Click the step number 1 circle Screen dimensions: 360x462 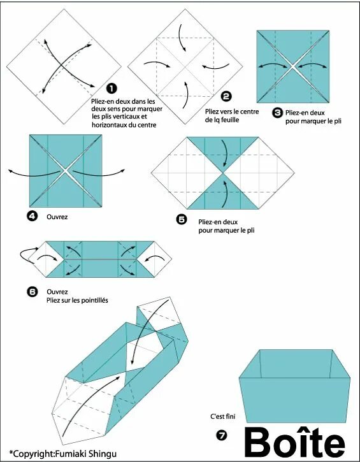pos(112,88)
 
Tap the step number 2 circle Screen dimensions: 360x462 pos(226,96)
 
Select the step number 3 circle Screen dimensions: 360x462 pos(277,113)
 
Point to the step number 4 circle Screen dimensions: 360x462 pos(32,216)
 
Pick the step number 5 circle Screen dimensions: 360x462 pos(182,219)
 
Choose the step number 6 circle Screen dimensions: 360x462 pos(32,292)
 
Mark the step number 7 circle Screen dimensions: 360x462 pos(222,435)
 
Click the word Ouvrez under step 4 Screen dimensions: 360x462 pos(57,217)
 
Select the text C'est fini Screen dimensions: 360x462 pos(223,416)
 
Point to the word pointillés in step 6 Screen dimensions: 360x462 pos(94,300)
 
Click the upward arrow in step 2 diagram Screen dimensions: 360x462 pos(187,95)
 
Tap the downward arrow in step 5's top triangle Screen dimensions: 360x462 pos(226,153)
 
